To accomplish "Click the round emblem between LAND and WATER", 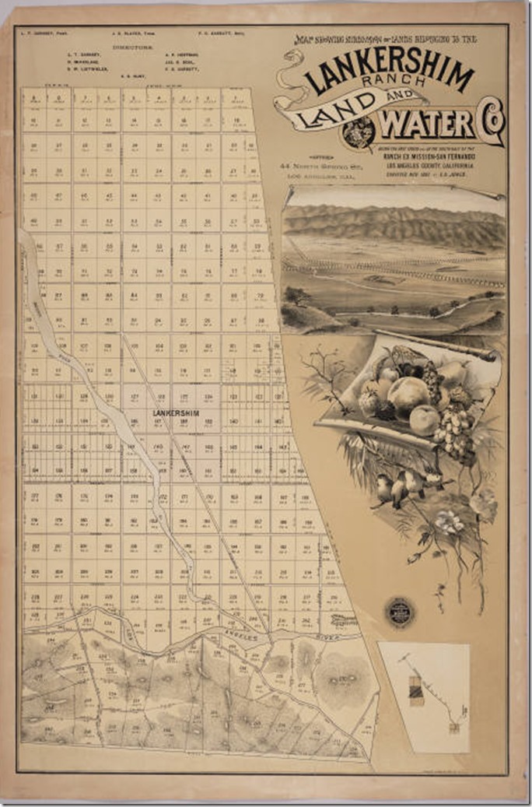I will pyautogui.click(x=359, y=134).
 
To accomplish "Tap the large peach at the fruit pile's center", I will pyautogui.click(x=409, y=395).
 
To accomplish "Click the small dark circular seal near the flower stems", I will pyautogui.click(x=399, y=612).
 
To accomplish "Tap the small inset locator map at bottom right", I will pyautogui.click(x=424, y=696).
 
